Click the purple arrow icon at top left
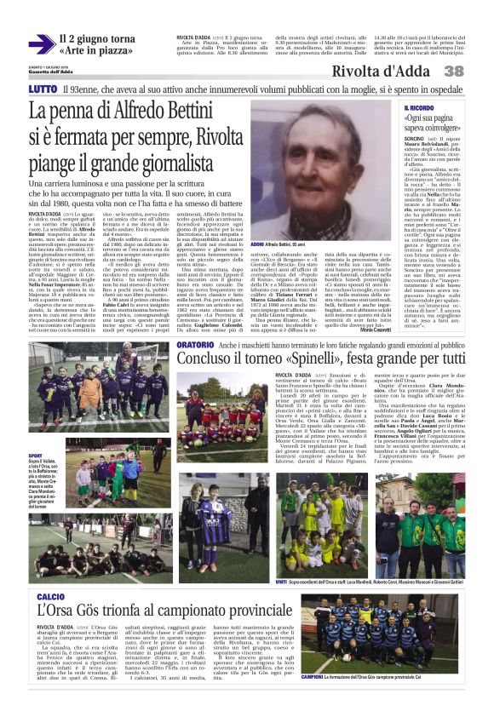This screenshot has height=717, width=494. (x=40, y=43)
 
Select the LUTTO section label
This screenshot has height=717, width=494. (x=42, y=89)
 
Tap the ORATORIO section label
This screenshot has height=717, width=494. (x=195, y=342)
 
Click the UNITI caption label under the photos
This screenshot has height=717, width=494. (x=281, y=557)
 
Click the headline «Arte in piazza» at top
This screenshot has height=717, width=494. (x=98, y=50)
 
